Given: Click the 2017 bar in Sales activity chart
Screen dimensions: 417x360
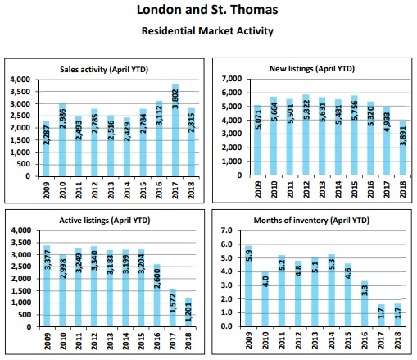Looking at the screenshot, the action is point(175,130).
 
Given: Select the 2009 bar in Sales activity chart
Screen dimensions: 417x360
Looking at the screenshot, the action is point(46,148).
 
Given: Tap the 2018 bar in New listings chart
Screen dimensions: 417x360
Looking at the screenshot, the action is point(403,148).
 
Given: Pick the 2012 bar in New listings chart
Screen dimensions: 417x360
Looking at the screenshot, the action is point(306,134).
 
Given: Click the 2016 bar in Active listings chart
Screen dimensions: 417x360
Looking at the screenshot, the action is point(157,295).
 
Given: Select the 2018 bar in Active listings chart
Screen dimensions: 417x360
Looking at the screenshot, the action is point(188,312).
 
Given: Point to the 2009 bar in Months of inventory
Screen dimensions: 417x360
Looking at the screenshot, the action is point(248,286).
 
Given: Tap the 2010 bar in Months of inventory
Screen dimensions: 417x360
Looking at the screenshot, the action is point(265,299).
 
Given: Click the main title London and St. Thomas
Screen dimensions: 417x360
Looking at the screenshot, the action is point(207,10).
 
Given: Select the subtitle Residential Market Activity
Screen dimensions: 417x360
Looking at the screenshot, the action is point(207,30).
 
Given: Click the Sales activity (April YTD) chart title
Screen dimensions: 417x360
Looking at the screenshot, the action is point(104,70).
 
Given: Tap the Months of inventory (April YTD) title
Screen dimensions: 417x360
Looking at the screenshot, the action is point(311,221).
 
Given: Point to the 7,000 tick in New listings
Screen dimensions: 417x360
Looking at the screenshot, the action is point(232,79).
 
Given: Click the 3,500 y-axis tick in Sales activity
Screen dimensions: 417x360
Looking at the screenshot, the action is point(20,92).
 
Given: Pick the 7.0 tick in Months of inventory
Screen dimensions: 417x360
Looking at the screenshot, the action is point(226,230).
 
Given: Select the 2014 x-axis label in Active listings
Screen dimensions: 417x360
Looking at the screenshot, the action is point(125,341).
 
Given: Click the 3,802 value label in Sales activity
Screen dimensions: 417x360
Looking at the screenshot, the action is point(175,99).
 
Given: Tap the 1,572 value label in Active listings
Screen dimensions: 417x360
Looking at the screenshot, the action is point(173,303).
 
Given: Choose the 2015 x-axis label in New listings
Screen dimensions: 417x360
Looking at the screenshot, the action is point(354,189).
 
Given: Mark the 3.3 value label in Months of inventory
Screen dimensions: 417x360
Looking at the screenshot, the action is point(365,290).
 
